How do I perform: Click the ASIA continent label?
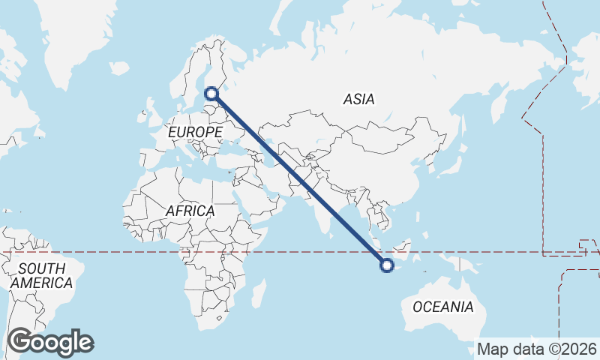[x=359, y=99]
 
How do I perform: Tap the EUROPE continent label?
[x=195, y=132]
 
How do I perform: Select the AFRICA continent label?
[x=190, y=211]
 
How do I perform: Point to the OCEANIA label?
[x=443, y=307]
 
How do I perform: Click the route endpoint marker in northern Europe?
[x=211, y=94]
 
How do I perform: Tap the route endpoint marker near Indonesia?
[x=387, y=264]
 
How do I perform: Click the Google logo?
[x=50, y=342]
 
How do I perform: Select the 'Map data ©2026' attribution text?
[x=537, y=349]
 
